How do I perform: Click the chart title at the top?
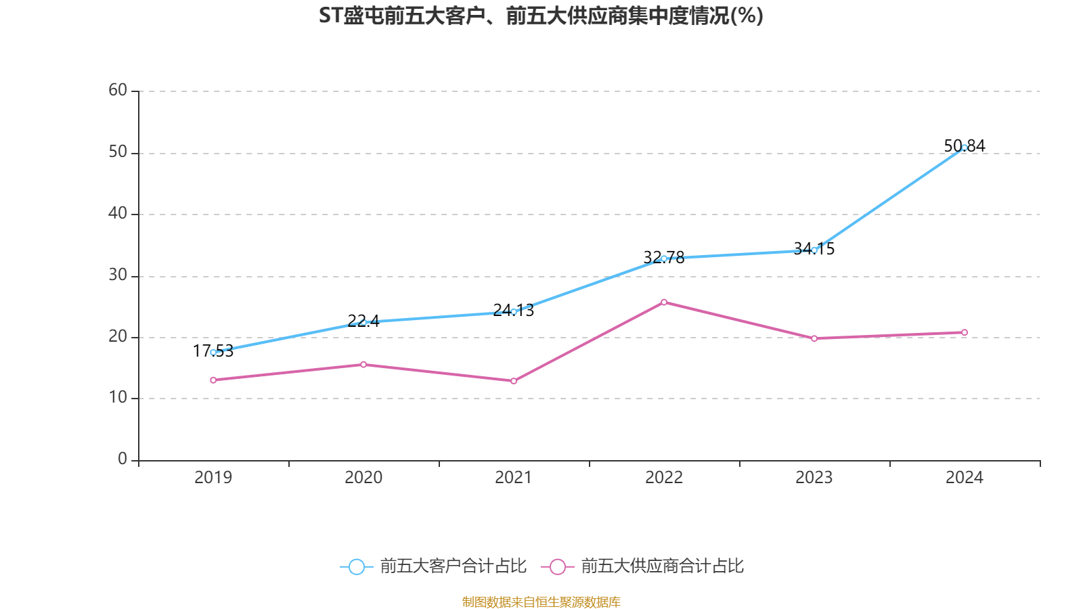[x=541, y=16]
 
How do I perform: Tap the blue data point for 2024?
[x=964, y=147]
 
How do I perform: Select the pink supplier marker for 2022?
[x=663, y=302]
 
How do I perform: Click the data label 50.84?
[x=964, y=145]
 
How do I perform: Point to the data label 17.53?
[x=213, y=351]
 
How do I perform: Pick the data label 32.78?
[x=663, y=257]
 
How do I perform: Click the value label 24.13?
[x=513, y=310]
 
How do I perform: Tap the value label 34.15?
[x=814, y=248]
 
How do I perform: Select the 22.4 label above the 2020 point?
[x=363, y=321]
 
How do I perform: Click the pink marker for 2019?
[x=213, y=380]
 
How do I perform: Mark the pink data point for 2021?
[x=514, y=381]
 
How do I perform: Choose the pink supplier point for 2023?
[x=814, y=338]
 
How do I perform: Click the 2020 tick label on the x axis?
[x=363, y=478]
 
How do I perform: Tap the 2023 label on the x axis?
[x=814, y=478]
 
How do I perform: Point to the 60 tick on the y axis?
[x=118, y=90]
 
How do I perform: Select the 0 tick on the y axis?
[x=123, y=459]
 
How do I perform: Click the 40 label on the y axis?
[x=118, y=213]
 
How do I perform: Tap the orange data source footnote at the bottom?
[x=541, y=602]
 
